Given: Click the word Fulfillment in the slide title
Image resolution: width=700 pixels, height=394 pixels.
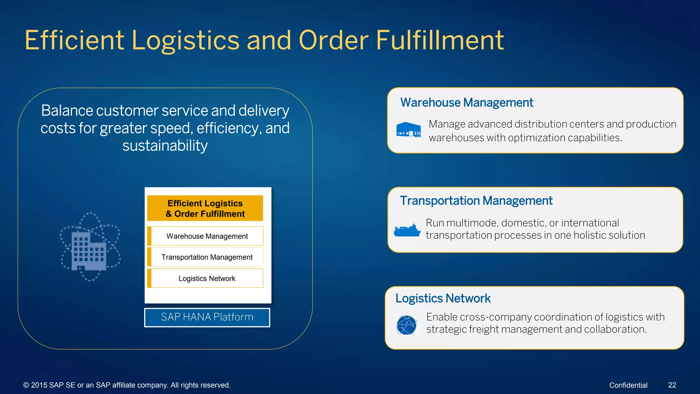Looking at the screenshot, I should pyautogui.click(x=440, y=40).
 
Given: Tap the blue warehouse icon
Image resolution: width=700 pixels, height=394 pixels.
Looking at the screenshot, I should pyautogui.click(x=408, y=130).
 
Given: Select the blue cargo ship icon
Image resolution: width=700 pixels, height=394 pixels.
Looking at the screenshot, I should pyautogui.click(x=407, y=230).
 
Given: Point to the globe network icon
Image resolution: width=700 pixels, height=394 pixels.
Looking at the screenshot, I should pyautogui.click(x=406, y=325).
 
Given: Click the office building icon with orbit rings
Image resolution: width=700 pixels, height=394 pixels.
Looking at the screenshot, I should pyautogui.click(x=90, y=247).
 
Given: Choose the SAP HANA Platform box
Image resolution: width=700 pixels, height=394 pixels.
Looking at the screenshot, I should pyautogui.click(x=207, y=317).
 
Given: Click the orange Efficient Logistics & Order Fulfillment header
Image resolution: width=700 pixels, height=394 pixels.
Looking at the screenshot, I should pyautogui.click(x=205, y=208).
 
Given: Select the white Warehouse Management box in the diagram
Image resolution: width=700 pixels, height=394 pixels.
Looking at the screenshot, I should pyautogui.click(x=207, y=236).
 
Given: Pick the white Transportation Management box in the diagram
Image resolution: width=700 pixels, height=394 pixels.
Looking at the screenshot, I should pyautogui.click(x=207, y=257).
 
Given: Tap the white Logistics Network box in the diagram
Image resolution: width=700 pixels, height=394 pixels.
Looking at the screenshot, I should pyautogui.click(x=207, y=278).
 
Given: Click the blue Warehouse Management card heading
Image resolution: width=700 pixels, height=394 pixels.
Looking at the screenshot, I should pyautogui.click(x=467, y=103).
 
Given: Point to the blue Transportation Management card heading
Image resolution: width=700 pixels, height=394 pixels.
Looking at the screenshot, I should pyautogui.click(x=476, y=201).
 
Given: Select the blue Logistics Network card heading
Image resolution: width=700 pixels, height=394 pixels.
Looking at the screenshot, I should pyautogui.click(x=443, y=299).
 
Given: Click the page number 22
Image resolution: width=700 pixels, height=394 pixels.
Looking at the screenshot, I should pyautogui.click(x=672, y=385).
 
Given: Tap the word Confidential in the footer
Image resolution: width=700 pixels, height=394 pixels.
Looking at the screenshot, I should pyautogui.click(x=628, y=385).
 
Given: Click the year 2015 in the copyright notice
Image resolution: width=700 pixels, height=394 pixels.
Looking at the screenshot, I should pyautogui.click(x=39, y=385).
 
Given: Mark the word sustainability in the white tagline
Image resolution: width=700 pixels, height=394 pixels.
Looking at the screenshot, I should pyautogui.click(x=165, y=146).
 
